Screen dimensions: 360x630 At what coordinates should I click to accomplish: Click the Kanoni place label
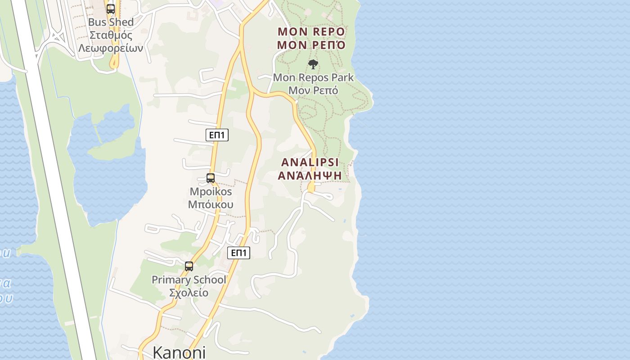[x=179, y=352]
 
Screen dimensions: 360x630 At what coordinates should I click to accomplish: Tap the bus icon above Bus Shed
[x=111, y=9]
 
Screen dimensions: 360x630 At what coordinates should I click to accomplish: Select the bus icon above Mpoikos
[x=211, y=178]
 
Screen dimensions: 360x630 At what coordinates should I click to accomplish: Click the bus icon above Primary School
[x=189, y=266]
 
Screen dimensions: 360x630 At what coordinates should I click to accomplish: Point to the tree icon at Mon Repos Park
[x=313, y=64]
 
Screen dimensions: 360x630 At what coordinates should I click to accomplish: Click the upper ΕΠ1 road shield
[x=217, y=135]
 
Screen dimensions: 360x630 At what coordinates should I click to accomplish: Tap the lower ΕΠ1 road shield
[x=238, y=253]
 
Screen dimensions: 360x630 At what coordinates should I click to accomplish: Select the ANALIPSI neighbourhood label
[x=310, y=162]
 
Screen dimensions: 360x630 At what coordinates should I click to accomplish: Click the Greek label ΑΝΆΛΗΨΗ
[x=310, y=175]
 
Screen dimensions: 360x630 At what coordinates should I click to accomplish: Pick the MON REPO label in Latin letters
[x=311, y=32]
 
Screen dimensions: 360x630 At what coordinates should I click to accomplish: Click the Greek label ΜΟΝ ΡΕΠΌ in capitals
[x=311, y=45]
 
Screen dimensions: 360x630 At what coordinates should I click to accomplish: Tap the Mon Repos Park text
[x=313, y=77]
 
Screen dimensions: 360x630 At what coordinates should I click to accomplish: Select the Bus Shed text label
[x=111, y=22]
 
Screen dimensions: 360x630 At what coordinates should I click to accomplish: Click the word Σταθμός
[x=111, y=35]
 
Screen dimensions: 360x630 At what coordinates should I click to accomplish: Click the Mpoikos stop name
[x=211, y=192]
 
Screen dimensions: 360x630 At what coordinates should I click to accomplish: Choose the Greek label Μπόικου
[x=211, y=205]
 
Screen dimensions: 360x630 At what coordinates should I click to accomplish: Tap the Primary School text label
[x=189, y=280]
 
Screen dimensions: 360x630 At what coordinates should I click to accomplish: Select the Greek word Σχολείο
[x=189, y=293]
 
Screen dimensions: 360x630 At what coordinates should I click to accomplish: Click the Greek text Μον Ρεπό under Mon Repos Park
[x=313, y=90]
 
